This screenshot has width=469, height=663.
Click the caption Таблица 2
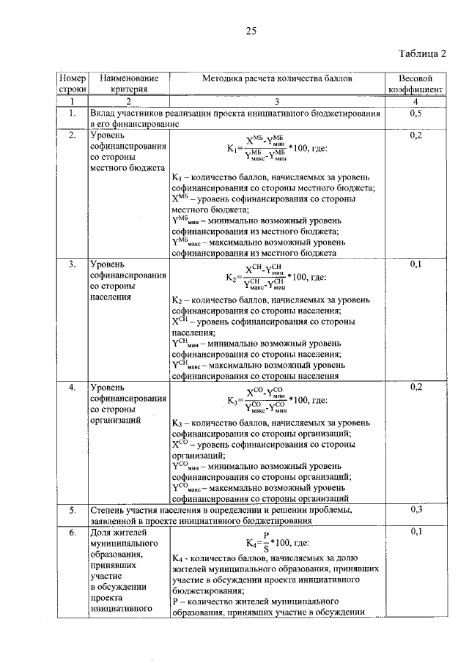pyautogui.click(x=422, y=53)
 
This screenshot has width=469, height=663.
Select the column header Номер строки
pyautogui.click(x=73, y=83)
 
